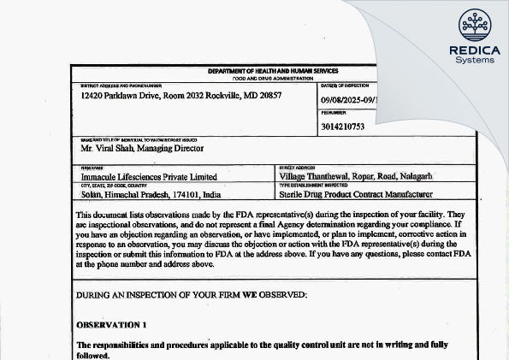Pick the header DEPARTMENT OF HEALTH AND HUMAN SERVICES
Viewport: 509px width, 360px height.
point(273,71)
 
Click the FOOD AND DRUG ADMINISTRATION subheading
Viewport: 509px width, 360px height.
point(273,77)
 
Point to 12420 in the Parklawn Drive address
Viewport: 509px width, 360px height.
point(90,97)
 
